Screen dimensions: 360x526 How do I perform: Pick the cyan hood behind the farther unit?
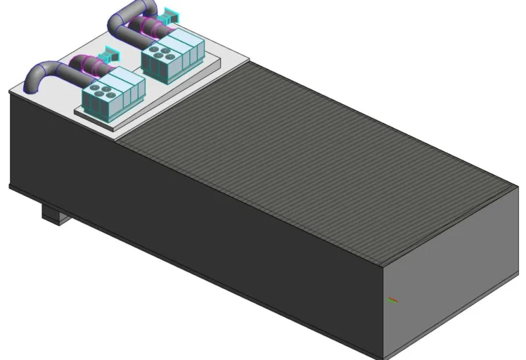169,13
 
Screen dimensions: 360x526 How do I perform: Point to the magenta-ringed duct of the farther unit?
151,27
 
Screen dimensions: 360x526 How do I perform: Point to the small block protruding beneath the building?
53,212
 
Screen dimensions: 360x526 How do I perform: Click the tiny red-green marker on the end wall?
393,300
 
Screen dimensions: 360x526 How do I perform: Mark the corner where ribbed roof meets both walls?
382,265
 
